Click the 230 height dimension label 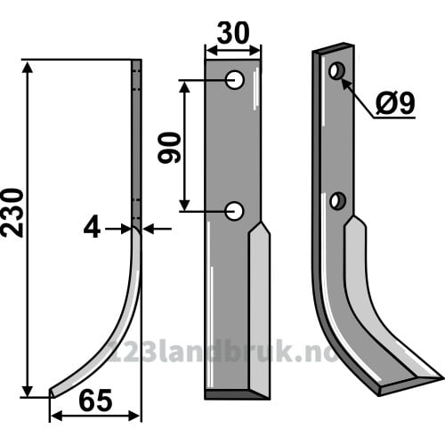click(x=12, y=213)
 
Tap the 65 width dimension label click(x=95, y=400)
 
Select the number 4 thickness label click(x=92, y=229)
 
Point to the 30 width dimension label click(x=233, y=33)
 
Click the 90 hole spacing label click(x=169, y=148)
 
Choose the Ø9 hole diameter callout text click(x=394, y=104)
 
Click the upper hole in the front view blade click(x=235, y=80)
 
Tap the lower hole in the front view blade click(x=234, y=211)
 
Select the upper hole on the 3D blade click(x=336, y=70)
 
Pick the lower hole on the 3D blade click(x=338, y=201)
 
